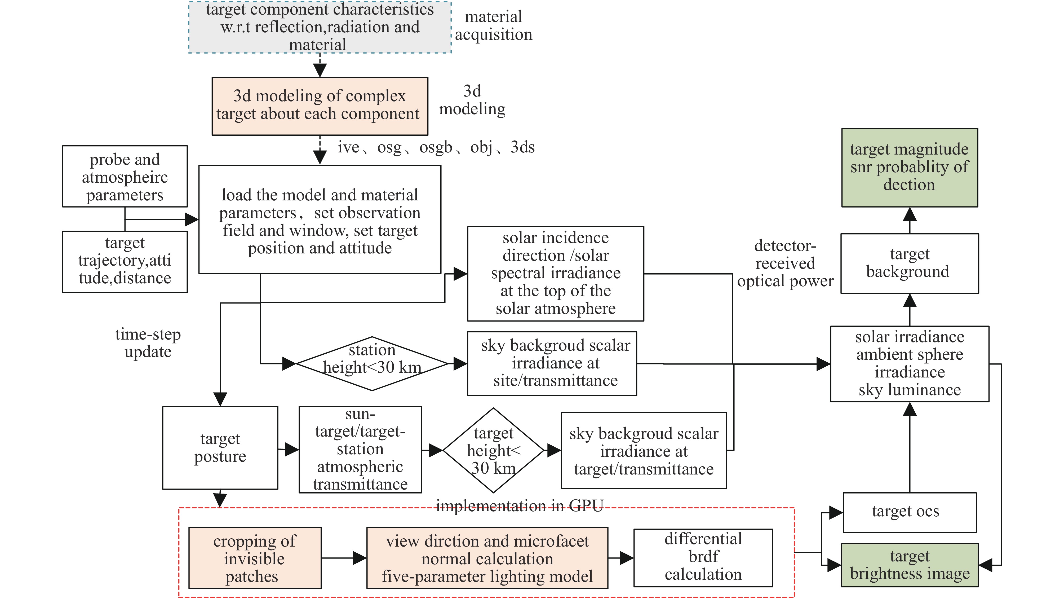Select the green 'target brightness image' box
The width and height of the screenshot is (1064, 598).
[910, 565]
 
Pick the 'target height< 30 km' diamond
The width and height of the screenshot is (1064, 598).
[493, 450]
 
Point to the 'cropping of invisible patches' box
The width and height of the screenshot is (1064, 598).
[255, 557]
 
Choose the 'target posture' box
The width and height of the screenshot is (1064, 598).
[220, 447]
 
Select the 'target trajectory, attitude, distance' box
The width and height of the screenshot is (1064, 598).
[125, 262]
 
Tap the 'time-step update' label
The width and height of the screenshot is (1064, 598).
[148, 343]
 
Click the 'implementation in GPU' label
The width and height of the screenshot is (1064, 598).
[520, 505]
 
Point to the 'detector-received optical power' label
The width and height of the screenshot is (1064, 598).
[785, 263]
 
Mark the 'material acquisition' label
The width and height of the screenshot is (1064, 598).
[494, 25]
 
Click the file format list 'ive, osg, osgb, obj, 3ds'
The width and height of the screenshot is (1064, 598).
[436, 147]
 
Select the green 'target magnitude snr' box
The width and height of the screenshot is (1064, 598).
[910, 167]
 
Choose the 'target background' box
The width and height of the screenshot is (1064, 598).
[910, 263]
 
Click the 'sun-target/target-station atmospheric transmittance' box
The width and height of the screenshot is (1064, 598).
[360, 449]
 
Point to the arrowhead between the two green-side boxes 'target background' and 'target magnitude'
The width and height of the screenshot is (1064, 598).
[910, 214]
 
